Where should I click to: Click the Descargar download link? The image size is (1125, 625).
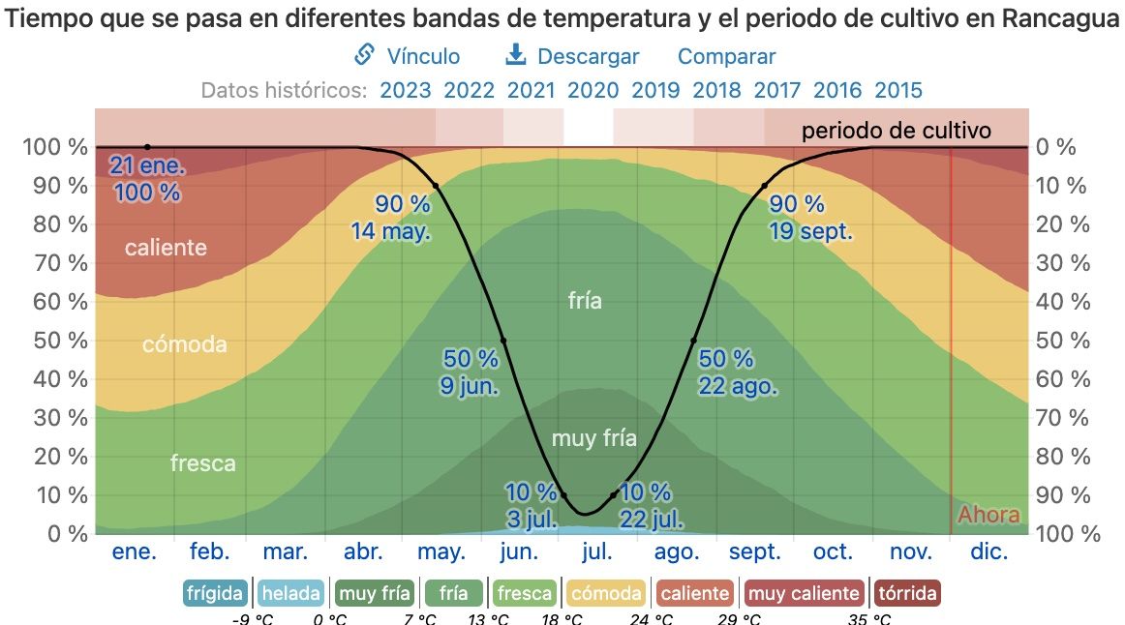[x=573, y=56]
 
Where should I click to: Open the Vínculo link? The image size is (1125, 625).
[x=408, y=56]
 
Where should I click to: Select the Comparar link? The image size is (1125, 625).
[x=726, y=56]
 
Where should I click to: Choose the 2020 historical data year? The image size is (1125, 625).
[x=593, y=90]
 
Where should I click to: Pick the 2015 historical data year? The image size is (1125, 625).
[x=898, y=90]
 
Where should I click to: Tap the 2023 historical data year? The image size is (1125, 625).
[x=406, y=90]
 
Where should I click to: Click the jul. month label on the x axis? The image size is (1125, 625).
[x=596, y=551]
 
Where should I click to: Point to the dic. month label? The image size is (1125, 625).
[x=989, y=551]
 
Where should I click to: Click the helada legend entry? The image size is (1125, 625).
[x=290, y=593]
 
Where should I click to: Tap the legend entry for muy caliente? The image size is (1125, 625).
[x=805, y=593]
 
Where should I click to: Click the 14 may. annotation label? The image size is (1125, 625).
[x=391, y=231]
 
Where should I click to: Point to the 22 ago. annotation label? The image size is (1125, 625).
[x=737, y=386]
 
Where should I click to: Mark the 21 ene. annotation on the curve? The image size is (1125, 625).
[x=147, y=164]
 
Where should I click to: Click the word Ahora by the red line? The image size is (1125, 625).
[x=988, y=514]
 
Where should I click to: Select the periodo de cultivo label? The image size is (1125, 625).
[x=896, y=130]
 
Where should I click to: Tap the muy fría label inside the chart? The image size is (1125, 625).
[x=594, y=438]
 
